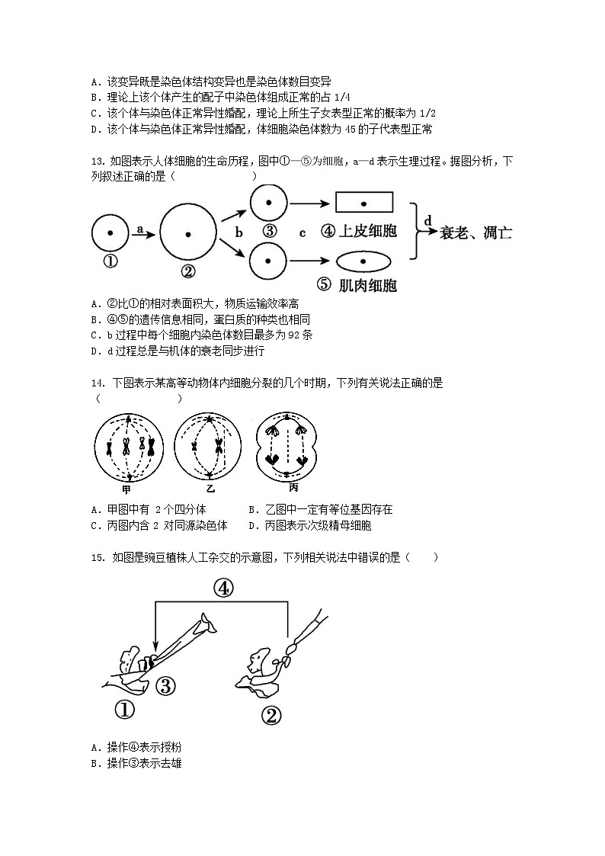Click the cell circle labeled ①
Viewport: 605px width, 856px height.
(110, 232)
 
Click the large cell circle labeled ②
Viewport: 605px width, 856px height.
(188, 232)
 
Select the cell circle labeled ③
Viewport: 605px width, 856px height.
(268, 204)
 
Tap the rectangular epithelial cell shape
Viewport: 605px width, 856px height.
(364, 203)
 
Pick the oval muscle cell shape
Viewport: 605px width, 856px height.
(363, 261)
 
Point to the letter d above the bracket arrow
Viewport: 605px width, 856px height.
(427, 220)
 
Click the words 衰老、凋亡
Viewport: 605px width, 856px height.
(476, 232)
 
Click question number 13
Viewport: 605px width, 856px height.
(96, 162)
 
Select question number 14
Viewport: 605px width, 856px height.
(96, 383)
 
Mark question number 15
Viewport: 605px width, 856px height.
(96, 557)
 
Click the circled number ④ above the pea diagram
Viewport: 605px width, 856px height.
(222, 587)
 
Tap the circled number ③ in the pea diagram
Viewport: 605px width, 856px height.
(167, 684)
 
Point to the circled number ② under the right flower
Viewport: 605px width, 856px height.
(271, 716)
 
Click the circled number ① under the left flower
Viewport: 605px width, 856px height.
(124, 710)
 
